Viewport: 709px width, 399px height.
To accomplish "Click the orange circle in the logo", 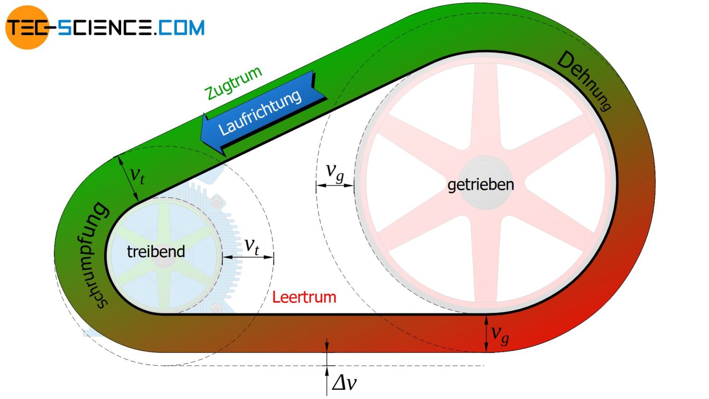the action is pos(27,27).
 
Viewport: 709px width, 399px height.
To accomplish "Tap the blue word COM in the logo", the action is pos(181,28).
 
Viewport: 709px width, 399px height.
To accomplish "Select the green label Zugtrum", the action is pos(233,83).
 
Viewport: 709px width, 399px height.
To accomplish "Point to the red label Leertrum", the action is pos(304,297).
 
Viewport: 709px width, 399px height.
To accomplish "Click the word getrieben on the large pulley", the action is pos(481,185).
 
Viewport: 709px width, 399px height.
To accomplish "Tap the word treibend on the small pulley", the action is pos(156,252).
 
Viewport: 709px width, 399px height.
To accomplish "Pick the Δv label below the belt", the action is pos(344,383).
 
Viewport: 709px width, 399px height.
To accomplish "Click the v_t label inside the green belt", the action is pos(138,175).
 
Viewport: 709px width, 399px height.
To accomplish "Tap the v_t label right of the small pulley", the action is pos(252,246).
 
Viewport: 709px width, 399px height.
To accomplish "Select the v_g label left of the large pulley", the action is pos(335,173).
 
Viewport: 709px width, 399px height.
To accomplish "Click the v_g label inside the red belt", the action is pos(500,334).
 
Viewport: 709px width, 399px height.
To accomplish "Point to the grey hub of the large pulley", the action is pos(485,183).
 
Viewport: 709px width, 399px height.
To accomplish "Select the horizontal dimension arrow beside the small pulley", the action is pos(248,257).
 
